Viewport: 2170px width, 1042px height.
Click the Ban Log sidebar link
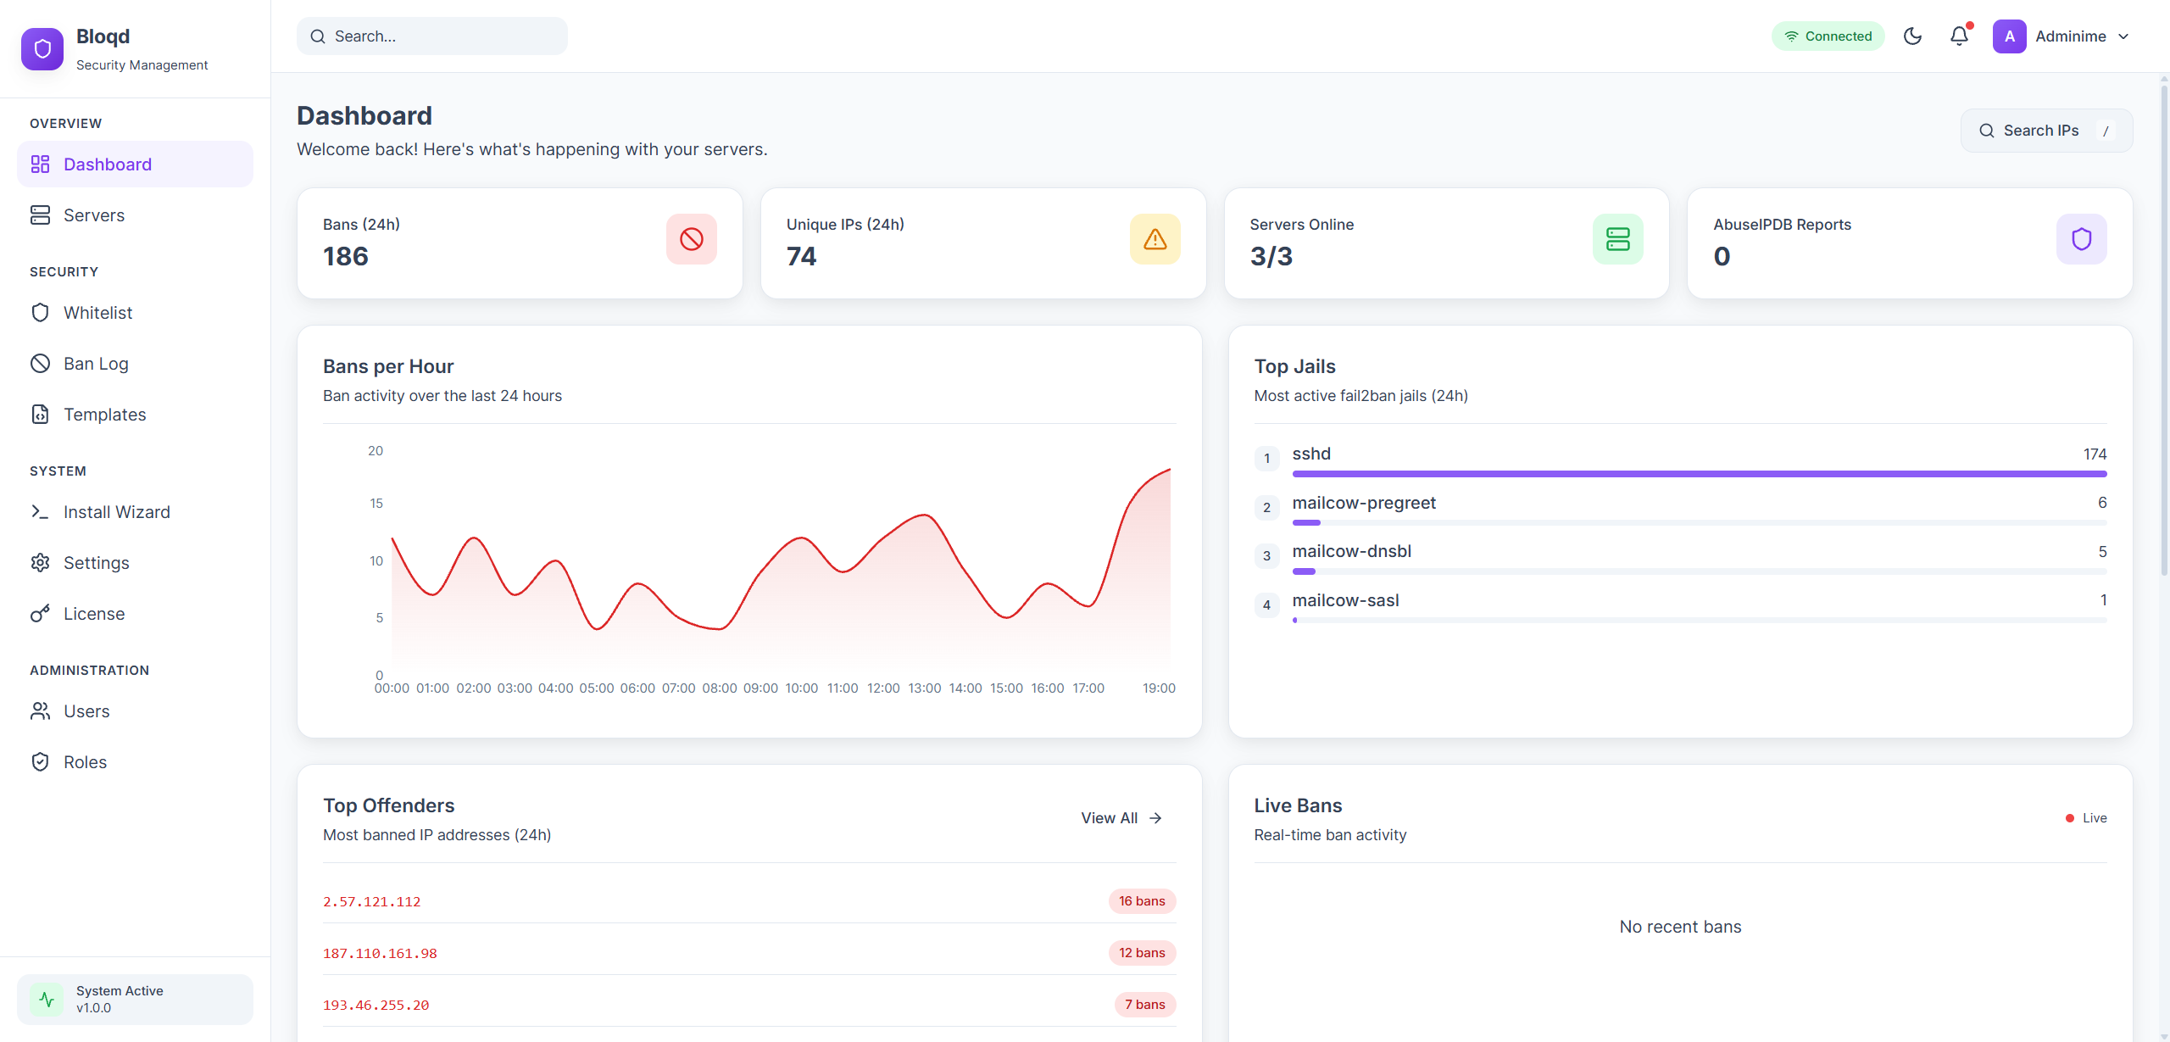96,364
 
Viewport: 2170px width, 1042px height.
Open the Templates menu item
104,415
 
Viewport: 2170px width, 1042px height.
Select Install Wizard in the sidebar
116,512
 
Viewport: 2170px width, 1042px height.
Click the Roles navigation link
85,762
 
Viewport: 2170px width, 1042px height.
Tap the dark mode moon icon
1912,36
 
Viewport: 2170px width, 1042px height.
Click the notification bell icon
1959,36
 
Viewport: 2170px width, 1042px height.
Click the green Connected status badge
1828,36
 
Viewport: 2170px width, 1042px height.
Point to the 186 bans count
346,256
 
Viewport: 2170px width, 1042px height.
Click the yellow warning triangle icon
1155,239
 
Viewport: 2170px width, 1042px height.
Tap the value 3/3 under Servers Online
1271,256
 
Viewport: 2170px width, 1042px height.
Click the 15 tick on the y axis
376,504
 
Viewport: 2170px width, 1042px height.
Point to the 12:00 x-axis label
883,688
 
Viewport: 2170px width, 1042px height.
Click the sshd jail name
1311,454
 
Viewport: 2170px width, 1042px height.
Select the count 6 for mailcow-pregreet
2101,503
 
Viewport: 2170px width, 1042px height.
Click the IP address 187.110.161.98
380,954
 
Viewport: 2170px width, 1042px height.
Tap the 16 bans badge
1141,901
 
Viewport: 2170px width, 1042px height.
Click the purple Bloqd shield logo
42,49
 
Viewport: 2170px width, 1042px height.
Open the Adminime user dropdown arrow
2123,36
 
